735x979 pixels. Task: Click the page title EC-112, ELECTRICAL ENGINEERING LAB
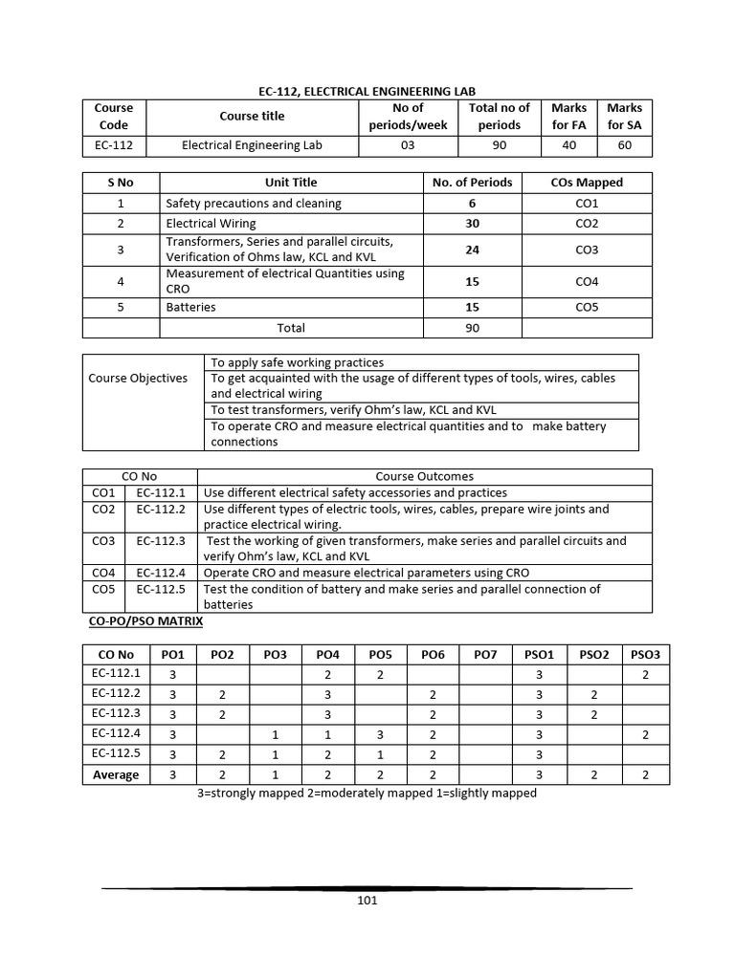coord(367,90)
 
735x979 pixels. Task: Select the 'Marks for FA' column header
coord(568,116)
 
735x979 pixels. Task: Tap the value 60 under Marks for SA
coord(624,146)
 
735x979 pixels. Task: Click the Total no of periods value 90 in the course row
coord(499,146)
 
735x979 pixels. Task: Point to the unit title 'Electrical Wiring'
coord(211,224)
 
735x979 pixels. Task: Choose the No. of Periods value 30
coord(472,224)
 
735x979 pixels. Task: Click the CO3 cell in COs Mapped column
coord(587,250)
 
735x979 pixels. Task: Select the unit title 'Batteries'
coord(190,307)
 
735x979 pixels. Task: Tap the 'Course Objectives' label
coord(138,378)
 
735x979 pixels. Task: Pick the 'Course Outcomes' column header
coord(424,476)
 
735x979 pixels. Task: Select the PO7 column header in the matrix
coord(485,654)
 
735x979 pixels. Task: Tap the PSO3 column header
coord(645,654)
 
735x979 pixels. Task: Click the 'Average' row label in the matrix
coord(116,774)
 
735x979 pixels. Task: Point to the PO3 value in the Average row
coord(275,774)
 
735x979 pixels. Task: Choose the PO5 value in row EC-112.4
coord(380,734)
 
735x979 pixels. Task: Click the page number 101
coord(367,900)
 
